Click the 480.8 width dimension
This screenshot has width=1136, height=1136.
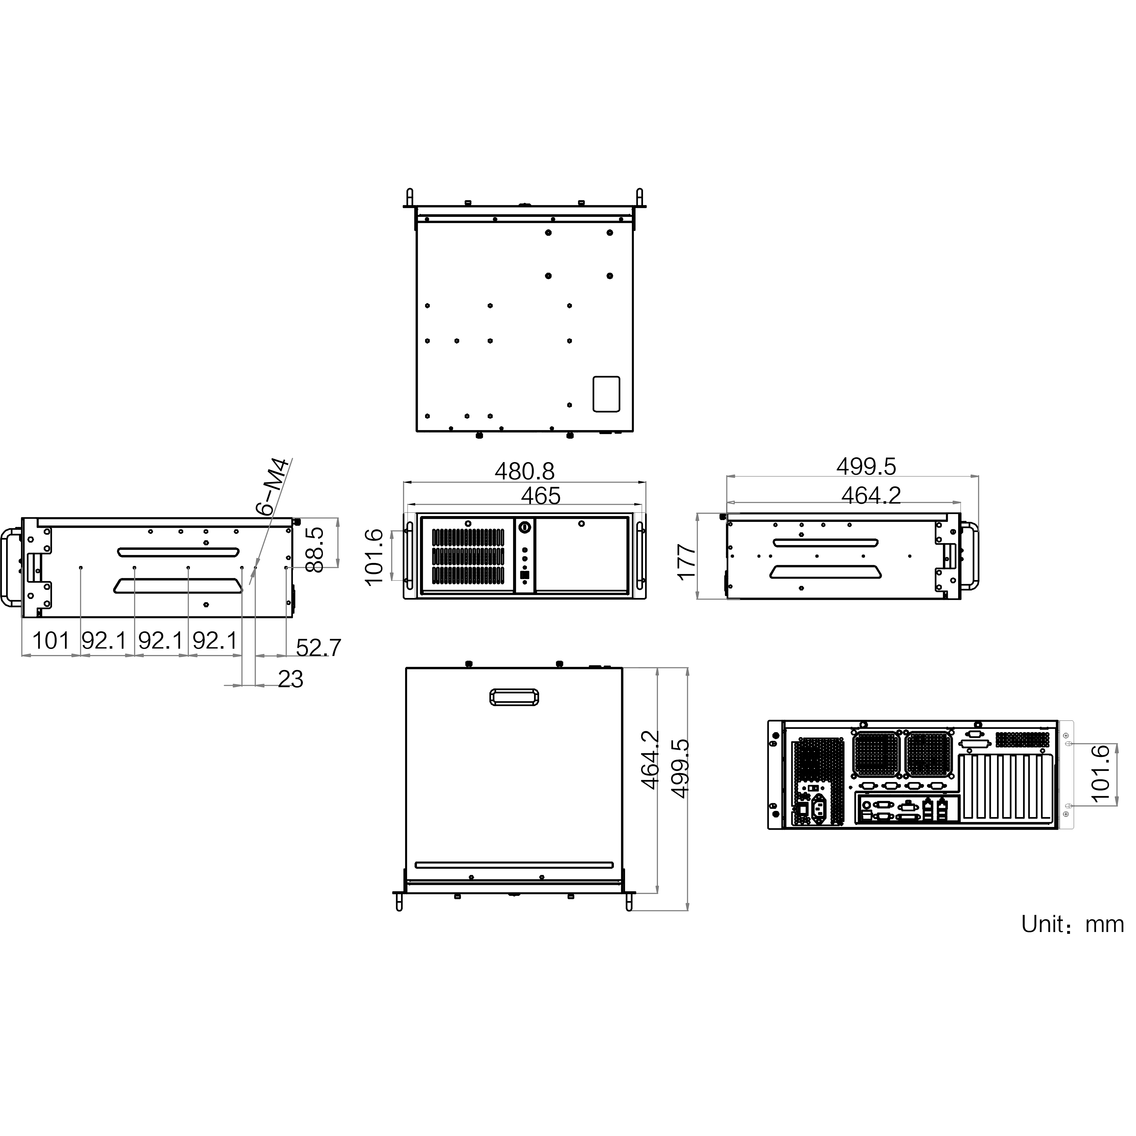tap(524, 471)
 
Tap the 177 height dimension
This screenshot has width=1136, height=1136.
tap(686, 563)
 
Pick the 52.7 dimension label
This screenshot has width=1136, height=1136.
tap(318, 647)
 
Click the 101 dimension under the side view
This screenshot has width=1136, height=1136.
tap(51, 640)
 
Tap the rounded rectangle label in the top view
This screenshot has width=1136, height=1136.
tap(606, 394)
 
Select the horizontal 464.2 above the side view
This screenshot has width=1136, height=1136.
tap(871, 496)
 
